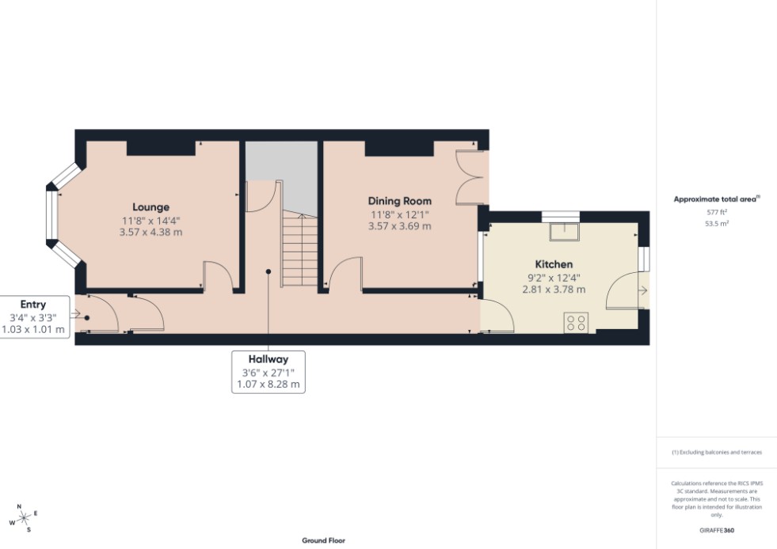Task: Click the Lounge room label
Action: [150, 207]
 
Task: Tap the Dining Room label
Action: [399, 201]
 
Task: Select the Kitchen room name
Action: [554, 264]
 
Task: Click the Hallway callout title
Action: [268, 359]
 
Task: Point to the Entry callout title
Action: [32, 305]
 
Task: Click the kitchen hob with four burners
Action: [576, 323]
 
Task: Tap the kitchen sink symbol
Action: [564, 232]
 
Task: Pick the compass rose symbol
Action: [23, 518]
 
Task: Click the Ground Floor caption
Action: [324, 540]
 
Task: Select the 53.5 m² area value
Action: [717, 224]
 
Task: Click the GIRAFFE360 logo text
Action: [717, 530]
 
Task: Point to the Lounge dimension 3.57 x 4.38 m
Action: [150, 232]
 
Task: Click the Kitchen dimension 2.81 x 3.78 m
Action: [554, 290]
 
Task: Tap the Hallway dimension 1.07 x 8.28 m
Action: [268, 384]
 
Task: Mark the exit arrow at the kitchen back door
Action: [642, 290]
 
